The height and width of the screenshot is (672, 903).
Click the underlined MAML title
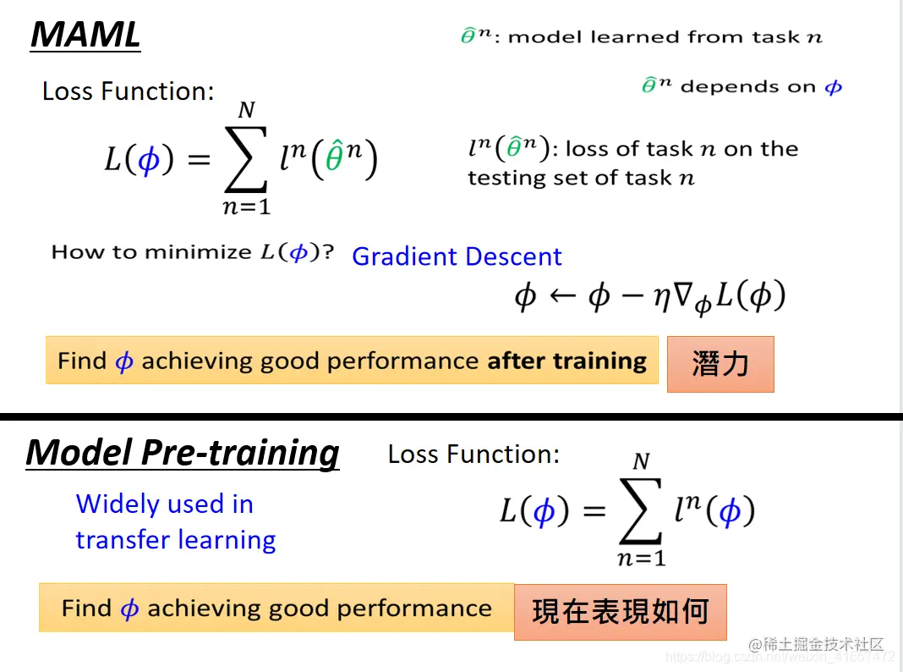[x=85, y=35]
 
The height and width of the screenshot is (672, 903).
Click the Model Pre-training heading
[x=183, y=453]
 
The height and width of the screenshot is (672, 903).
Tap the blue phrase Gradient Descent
[x=457, y=256]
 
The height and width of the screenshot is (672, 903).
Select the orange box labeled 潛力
[x=720, y=364]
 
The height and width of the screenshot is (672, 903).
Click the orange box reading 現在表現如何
[x=621, y=612]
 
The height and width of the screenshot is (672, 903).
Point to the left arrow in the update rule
[x=562, y=295]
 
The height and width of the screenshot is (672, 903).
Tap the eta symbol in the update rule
[x=662, y=298]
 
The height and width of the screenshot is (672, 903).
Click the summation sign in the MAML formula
[x=246, y=159]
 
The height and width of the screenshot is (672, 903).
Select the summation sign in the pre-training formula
[x=640, y=511]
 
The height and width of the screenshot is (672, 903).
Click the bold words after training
[x=566, y=361]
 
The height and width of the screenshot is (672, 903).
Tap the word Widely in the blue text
[x=118, y=504]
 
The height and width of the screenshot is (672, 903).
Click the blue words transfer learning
[x=176, y=540]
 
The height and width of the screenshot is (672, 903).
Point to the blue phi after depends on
[x=834, y=87]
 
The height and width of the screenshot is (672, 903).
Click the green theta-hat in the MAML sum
[x=335, y=157]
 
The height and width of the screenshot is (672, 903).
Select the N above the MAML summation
[x=247, y=109]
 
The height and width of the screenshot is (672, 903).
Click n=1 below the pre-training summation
[x=642, y=558]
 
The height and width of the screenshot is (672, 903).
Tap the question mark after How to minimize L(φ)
[x=328, y=252]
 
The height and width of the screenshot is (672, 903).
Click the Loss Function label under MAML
[x=128, y=91]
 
